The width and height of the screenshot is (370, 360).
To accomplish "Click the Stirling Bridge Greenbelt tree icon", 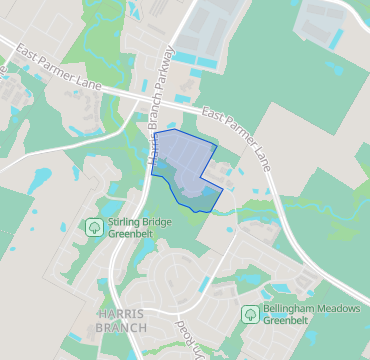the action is click(94, 226).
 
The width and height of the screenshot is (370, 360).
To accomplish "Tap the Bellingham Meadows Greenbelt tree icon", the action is click(250, 314).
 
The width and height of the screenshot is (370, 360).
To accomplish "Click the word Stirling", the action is click(127, 220).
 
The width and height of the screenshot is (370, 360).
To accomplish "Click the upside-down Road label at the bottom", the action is click(186, 338).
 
